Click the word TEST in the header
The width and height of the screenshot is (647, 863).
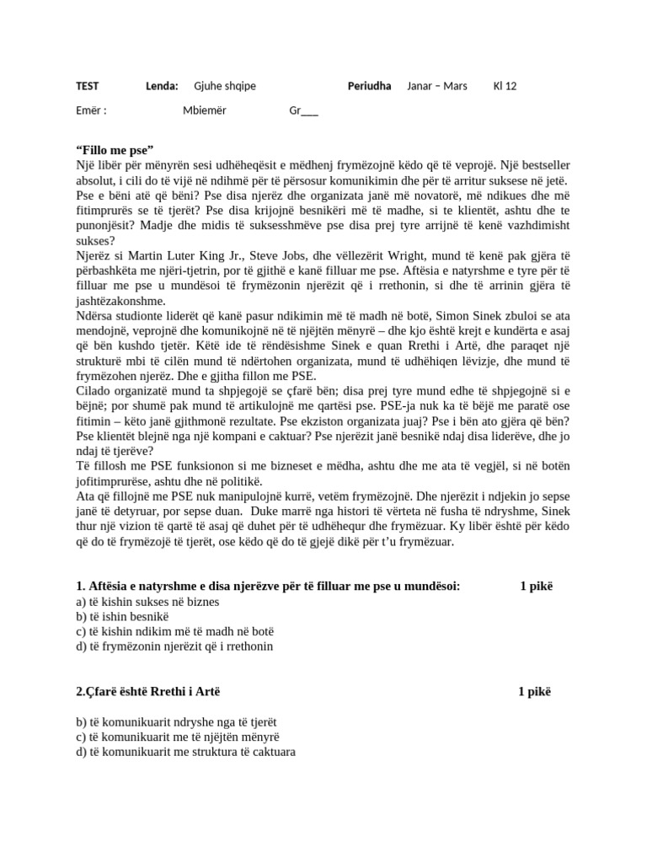click(87, 86)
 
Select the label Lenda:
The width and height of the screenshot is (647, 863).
click(162, 86)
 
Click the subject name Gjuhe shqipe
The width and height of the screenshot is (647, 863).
click(225, 86)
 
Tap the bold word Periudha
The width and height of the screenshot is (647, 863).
click(369, 86)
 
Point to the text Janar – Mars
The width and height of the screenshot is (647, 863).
click(436, 86)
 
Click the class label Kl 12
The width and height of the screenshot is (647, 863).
click(505, 86)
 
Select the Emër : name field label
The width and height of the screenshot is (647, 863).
click(91, 110)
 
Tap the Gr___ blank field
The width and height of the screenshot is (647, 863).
click(303, 110)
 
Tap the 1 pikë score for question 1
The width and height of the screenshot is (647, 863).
click(537, 586)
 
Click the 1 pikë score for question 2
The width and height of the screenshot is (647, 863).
click(535, 692)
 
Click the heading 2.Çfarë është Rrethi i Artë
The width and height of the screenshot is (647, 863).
click(153, 692)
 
